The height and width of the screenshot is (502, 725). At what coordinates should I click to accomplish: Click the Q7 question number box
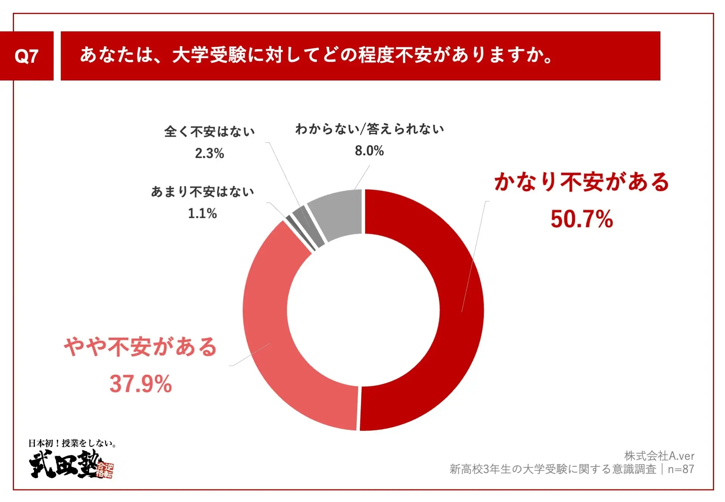point(26,56)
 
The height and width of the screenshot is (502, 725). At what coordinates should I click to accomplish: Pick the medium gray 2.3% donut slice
point(308,227)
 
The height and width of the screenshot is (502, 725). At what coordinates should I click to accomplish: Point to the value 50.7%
point(582,219)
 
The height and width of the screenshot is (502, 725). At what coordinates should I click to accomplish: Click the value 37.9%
point(140,384)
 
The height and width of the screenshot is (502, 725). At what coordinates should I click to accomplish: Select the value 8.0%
point(369,151)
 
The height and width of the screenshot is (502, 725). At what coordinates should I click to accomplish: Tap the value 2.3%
point(209,153)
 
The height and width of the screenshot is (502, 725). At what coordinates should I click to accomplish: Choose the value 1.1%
point(202,213)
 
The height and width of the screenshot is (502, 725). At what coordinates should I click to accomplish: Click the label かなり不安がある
point(582,182)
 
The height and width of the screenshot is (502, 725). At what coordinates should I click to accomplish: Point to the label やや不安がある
point(140,346)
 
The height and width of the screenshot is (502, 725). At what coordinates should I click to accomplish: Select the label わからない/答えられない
point(369,129)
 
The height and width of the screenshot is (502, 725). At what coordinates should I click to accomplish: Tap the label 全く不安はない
point(209,131)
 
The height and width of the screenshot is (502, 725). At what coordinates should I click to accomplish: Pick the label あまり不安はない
point(202,192)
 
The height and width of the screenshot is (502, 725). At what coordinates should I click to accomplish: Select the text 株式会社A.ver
point(659,456)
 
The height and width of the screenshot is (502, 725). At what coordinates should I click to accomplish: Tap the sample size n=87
point(681,469)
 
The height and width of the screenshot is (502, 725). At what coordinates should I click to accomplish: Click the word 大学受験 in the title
point(209,55)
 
